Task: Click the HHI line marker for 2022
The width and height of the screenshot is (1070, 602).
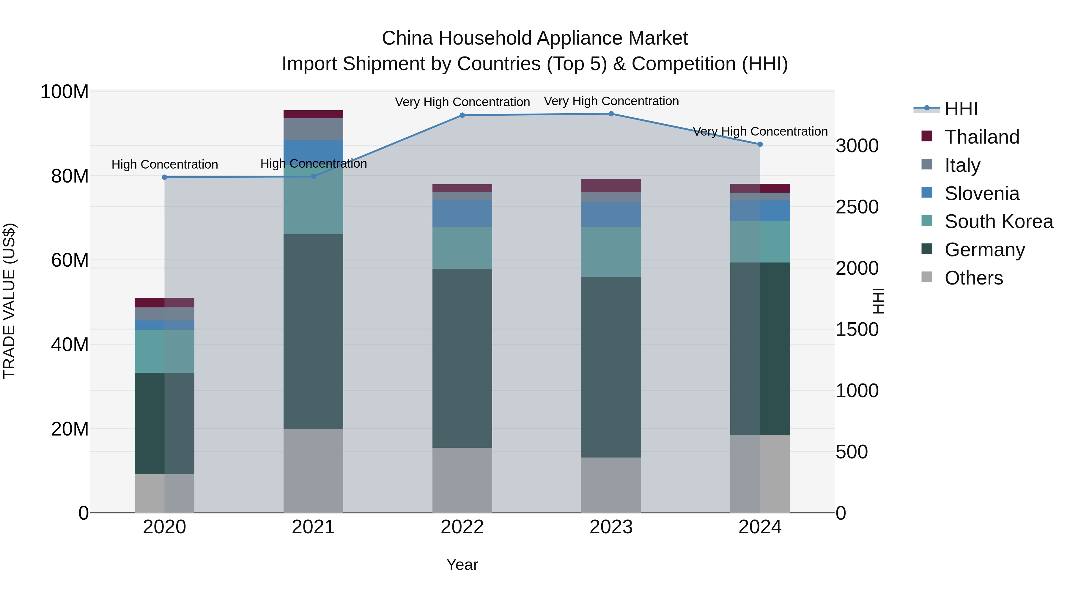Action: tap(462, 115)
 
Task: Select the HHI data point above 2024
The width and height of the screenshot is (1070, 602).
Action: tap(760, 144)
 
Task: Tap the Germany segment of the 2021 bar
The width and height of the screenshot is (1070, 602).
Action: tap(313, 331)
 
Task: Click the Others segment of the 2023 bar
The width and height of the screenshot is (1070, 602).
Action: tap(611, 485)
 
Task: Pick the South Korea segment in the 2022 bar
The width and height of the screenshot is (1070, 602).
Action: tap(462, 248)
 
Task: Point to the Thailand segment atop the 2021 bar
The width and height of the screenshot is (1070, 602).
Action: tap(313, 114)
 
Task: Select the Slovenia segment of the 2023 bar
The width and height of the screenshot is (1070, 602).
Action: tap(611, 214)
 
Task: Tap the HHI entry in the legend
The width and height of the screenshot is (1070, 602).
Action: tap(961, 109)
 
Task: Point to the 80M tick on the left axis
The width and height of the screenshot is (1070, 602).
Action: tap(70, 176)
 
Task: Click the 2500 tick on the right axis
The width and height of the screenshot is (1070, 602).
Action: tap(857, 207)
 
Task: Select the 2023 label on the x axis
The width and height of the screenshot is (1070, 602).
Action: tap(611, 527)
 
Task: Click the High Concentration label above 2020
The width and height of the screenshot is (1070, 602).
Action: tap(164, 164)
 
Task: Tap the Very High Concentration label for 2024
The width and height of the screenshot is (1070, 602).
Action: tap(760, 131)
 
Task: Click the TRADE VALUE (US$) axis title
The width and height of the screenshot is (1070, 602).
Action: tap(9, 301)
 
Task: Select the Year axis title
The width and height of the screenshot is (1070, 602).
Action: tap(462, 565)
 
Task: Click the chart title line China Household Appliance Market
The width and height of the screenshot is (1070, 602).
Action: tap(535, 38)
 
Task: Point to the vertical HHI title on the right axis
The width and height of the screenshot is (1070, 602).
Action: tap(878, 301)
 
